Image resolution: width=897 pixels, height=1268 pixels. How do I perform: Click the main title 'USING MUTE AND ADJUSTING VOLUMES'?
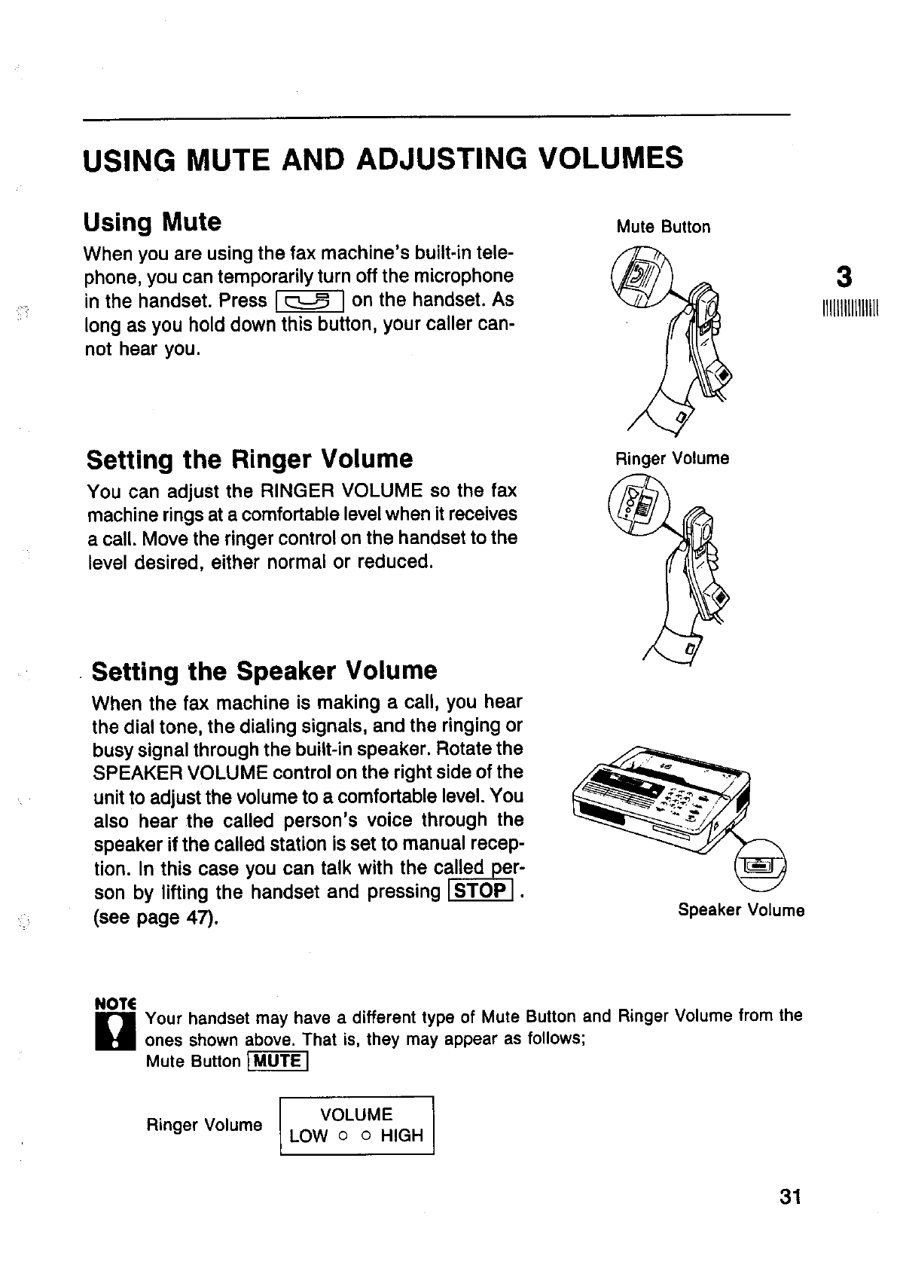pos(383,160)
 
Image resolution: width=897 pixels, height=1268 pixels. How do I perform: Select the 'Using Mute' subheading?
pos(153,222)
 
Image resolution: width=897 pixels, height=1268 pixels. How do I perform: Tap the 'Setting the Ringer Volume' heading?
pos(250,459)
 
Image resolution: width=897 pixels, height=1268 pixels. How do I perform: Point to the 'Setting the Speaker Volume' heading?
pos(264,671)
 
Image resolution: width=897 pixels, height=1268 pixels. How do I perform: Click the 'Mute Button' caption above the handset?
pos(663,228)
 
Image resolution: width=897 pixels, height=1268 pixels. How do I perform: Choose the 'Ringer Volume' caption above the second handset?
pos(672,459)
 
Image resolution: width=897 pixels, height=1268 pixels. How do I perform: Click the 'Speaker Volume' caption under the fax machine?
pos(741,910)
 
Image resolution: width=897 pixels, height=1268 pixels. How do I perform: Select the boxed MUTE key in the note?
pos(276,1062)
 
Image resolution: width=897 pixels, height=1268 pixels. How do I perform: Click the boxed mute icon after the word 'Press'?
pos(309,301)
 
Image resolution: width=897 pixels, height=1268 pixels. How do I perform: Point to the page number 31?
pos(790,1197)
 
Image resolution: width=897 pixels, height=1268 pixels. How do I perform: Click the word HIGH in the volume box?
pos(401,1135)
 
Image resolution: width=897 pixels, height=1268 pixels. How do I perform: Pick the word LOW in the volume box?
pos(309,1135)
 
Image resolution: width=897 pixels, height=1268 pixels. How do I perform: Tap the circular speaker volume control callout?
pos(758,867)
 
